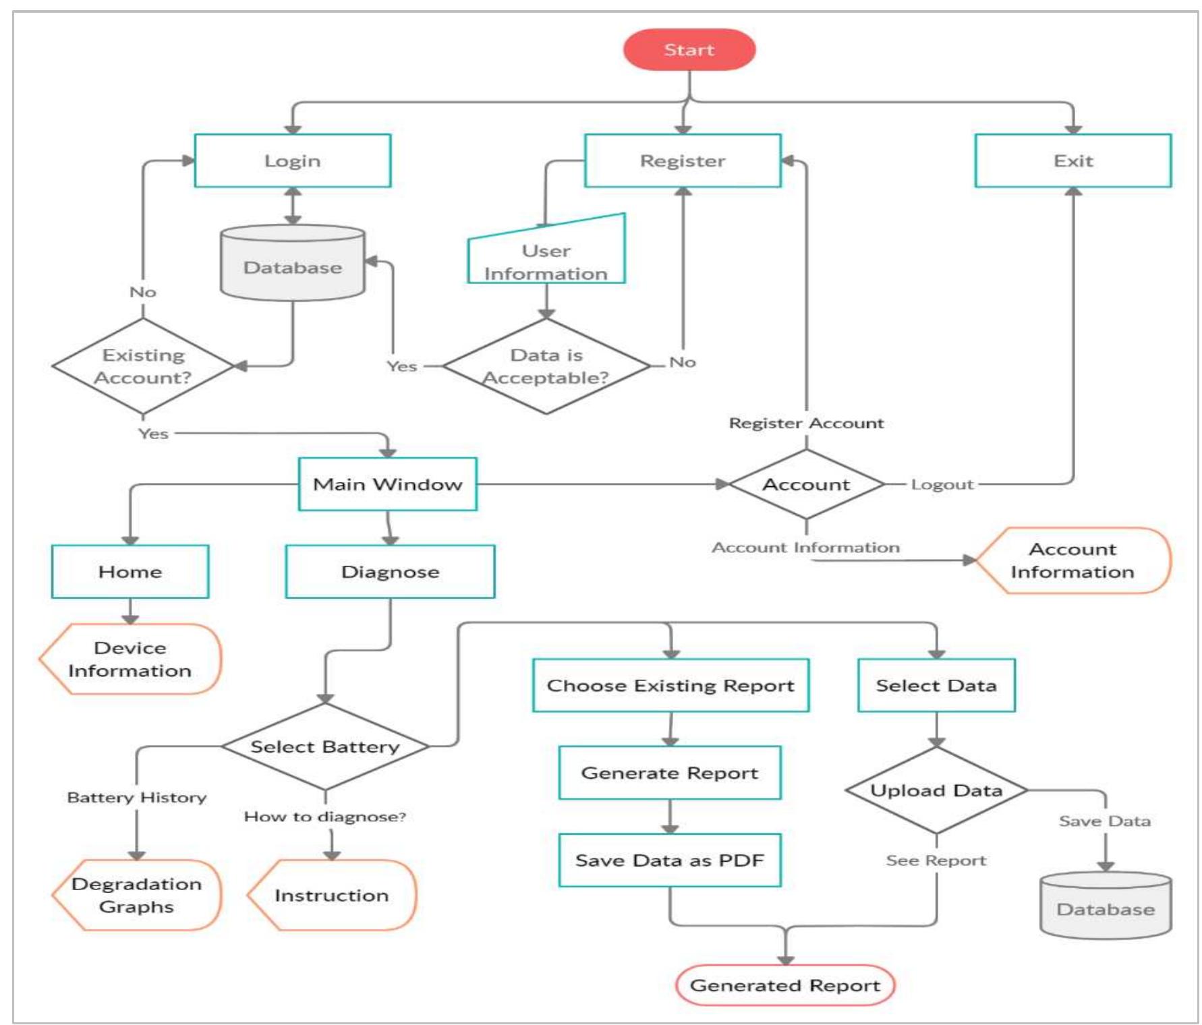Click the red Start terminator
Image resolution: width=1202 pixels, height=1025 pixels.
[689, 50]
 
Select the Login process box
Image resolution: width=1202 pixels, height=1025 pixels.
[292, 160]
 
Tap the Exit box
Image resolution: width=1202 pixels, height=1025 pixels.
[1072, 160]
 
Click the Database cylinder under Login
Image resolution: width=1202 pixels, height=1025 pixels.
[292, 266]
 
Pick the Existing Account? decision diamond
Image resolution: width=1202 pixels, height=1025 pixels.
[142, 366]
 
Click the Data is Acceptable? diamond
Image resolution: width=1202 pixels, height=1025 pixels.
[546, 366]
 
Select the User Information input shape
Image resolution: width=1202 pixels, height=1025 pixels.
[546, 260]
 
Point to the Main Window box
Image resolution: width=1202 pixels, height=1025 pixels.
[387, 484]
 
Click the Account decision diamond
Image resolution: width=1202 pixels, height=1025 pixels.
[806, 484]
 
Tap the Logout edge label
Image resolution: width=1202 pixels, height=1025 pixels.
[942, 484]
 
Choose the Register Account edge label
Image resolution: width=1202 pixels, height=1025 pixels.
[806, 423]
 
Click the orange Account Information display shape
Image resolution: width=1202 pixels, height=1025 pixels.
[1072, 560]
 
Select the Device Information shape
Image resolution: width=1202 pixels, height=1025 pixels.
[130, 659]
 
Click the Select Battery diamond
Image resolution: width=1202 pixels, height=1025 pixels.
[325, 746]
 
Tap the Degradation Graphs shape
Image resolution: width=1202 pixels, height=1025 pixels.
[137, 895]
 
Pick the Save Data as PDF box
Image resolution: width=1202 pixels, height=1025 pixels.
[669, 860]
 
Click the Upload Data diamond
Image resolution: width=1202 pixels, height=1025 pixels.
[936, 790]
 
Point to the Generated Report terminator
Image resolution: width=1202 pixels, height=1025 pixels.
[784, 985]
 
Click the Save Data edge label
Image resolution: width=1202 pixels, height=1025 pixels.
[1104, 821]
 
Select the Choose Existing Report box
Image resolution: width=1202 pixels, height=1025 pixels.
[670, 686]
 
